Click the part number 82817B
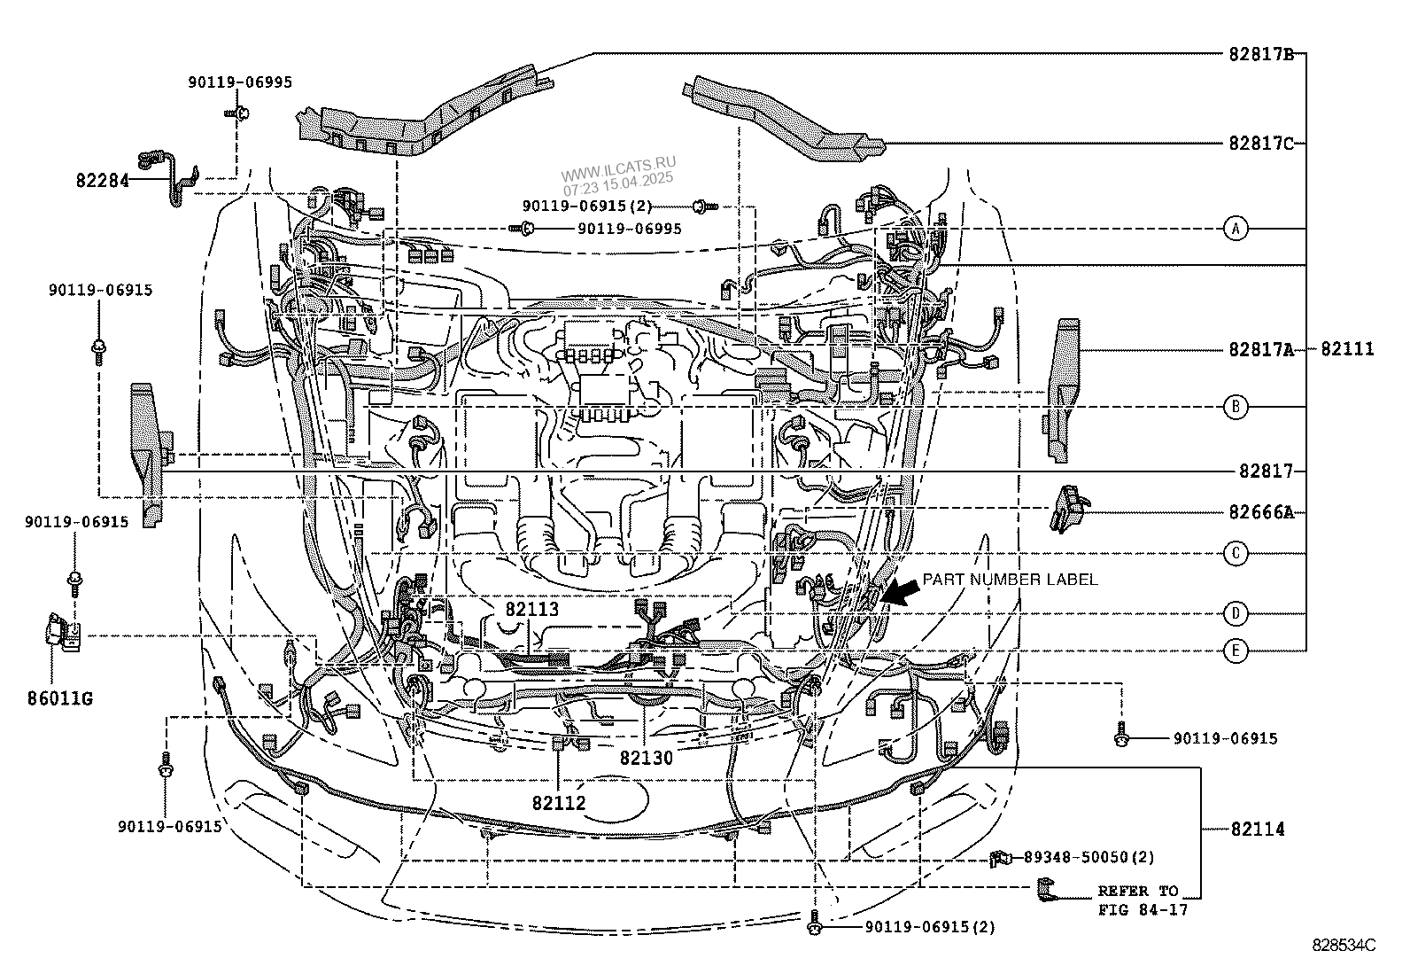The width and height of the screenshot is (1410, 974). point(1260,54)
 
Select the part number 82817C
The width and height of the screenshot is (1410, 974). point(1260,143)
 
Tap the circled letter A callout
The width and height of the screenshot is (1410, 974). point(1236,229)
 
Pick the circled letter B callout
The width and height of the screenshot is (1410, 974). point(1236,407)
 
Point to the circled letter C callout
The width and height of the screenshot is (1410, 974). point(1236,554)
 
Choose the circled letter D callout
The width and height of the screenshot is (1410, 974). point(1236,613)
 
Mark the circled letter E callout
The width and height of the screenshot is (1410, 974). point(1236,651)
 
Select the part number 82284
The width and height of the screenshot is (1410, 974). point(102,180)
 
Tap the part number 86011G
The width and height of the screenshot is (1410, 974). point(60,698)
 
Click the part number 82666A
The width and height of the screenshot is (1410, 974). point(1260,512)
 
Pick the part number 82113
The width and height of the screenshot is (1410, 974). point(532,610)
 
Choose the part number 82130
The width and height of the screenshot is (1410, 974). point(647,758)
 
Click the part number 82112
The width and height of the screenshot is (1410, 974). point(559,804)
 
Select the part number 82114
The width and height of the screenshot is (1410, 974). point(1257,830)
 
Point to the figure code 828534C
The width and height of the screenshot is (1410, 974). point(1344,946)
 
